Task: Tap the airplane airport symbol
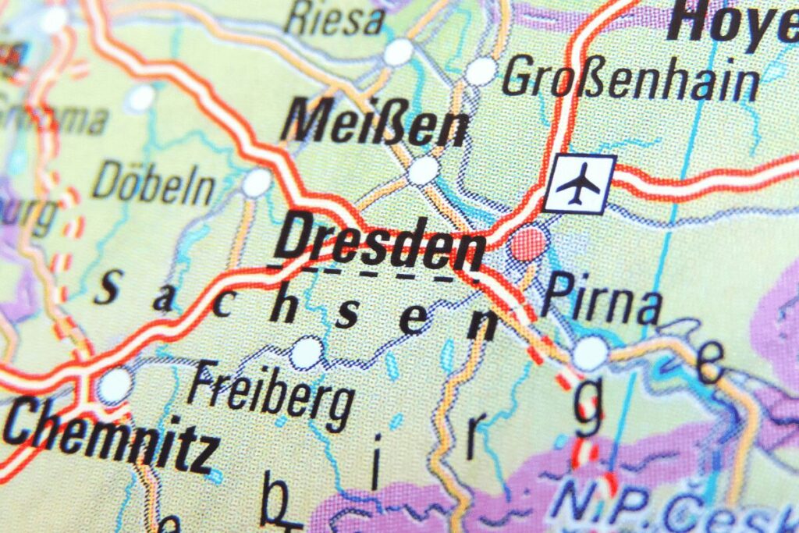579,184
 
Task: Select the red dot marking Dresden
527,243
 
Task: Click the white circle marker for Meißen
424,170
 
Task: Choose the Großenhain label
630,81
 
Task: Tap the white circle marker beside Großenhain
481,71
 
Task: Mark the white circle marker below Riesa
398,52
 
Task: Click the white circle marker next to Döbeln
256,183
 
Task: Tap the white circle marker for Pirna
590,353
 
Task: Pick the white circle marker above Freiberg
306,352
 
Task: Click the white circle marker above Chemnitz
115,386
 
